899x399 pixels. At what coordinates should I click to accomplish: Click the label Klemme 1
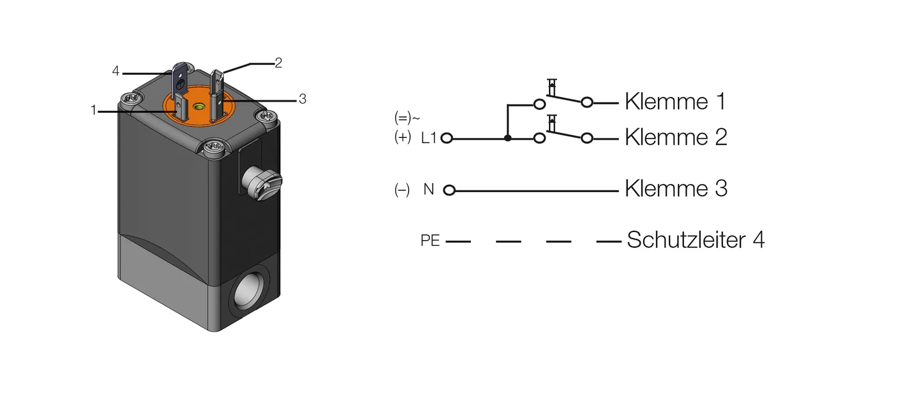(x=675, y=102)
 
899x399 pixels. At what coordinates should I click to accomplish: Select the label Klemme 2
(x=676, y=137)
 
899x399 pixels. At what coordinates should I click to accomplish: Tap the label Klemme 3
(x=676, y=189)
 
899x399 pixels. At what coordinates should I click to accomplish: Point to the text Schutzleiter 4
(x=695, y=240)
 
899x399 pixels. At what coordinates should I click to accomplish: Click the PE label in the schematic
(x=430, y=241)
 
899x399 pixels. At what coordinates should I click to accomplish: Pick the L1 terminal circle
(x=447, y=138)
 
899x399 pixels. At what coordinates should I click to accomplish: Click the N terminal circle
(x=449, y=190)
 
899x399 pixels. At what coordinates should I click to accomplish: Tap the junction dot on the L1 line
(x=508, y=138)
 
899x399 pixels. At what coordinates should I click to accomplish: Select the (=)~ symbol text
(x=406, y=118)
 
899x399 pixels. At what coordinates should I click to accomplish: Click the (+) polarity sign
(x=402, y=137)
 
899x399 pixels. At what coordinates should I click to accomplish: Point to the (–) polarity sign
(x=402, y=190)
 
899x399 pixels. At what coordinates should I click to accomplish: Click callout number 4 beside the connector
(x=116, y=71)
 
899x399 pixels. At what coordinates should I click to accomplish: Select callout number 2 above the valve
(x=278, y=63)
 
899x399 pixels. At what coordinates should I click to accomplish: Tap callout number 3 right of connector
(x=302, y=99)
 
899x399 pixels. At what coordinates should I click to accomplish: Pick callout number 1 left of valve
(x=93, y=110)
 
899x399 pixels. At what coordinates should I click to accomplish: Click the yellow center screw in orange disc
(x=198, y=107)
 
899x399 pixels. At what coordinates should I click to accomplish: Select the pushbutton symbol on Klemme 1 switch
(x=551, y=87)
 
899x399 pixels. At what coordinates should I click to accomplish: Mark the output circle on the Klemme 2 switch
(x=587, y=139)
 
